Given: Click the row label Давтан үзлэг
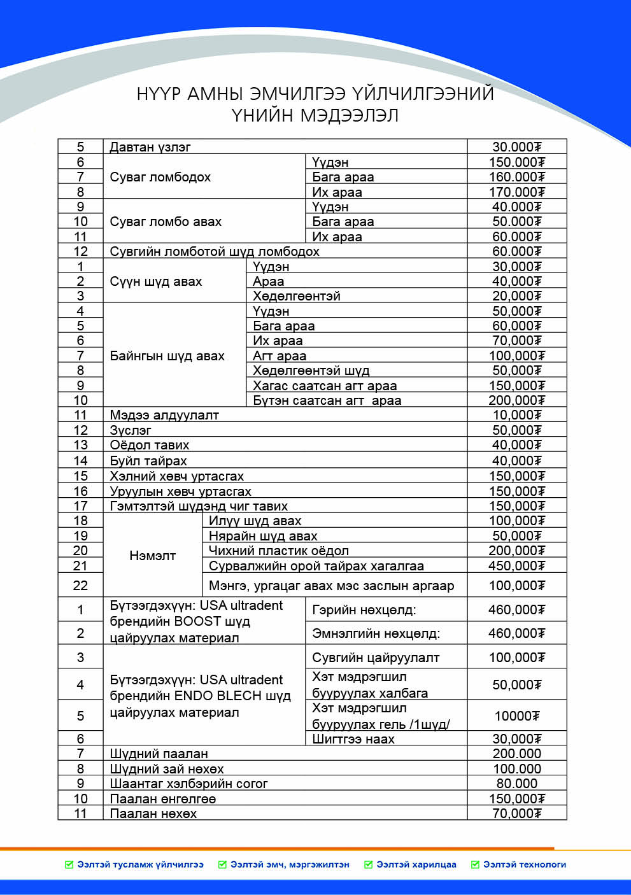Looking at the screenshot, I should point(150,147).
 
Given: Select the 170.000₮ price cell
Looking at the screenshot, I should point(516,192).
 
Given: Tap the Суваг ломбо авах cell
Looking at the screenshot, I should point(166,222).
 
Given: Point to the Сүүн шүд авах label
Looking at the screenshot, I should point(155,281).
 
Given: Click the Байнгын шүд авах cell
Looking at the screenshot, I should point(167,356).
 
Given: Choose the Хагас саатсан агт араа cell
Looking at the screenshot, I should point(325,386).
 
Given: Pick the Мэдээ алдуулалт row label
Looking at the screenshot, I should point(164,415).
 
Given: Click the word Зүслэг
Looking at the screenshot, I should point(131,430).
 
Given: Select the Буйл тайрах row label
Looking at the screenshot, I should point(148,461).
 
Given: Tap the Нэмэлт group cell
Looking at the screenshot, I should point(152,556).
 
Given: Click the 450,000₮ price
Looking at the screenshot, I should point(516,566).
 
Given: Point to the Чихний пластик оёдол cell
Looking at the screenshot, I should point(279,551).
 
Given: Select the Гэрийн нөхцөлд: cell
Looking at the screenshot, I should point(364,610).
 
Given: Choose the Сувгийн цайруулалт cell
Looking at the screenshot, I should point(376,658).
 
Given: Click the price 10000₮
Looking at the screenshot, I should point(516,716).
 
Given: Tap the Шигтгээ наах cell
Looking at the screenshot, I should point(353,739).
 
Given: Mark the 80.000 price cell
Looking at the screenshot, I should point(516,784).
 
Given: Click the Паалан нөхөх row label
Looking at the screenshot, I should point(153,814).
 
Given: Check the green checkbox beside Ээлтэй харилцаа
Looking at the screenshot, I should point(368,864).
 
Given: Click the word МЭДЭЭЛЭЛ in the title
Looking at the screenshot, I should point(350,116).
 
